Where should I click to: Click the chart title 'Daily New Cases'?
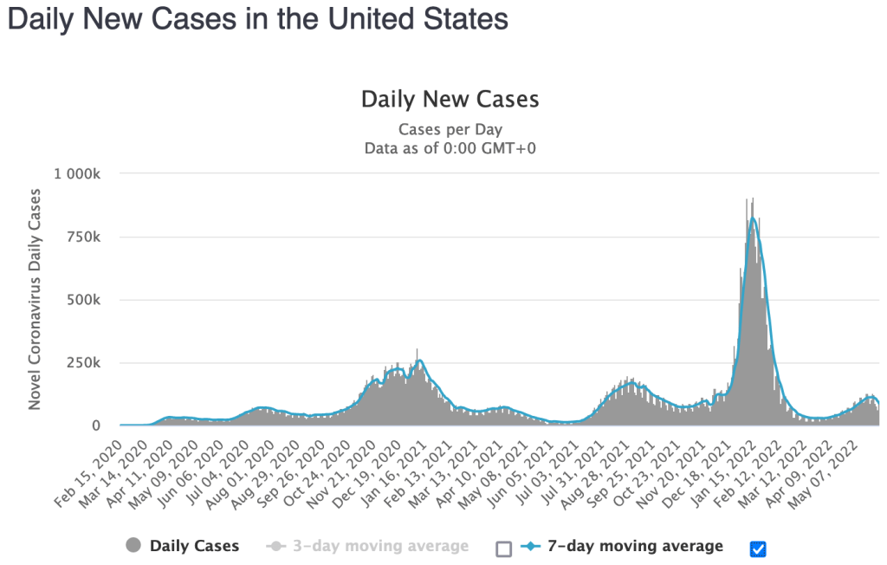point(450,99)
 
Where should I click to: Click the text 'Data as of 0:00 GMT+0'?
point(450,147)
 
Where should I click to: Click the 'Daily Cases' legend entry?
point(193,546)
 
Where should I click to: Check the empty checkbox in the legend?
point(504,549)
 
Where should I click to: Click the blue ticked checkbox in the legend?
point(759,549)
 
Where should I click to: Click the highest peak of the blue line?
point(753,218)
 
